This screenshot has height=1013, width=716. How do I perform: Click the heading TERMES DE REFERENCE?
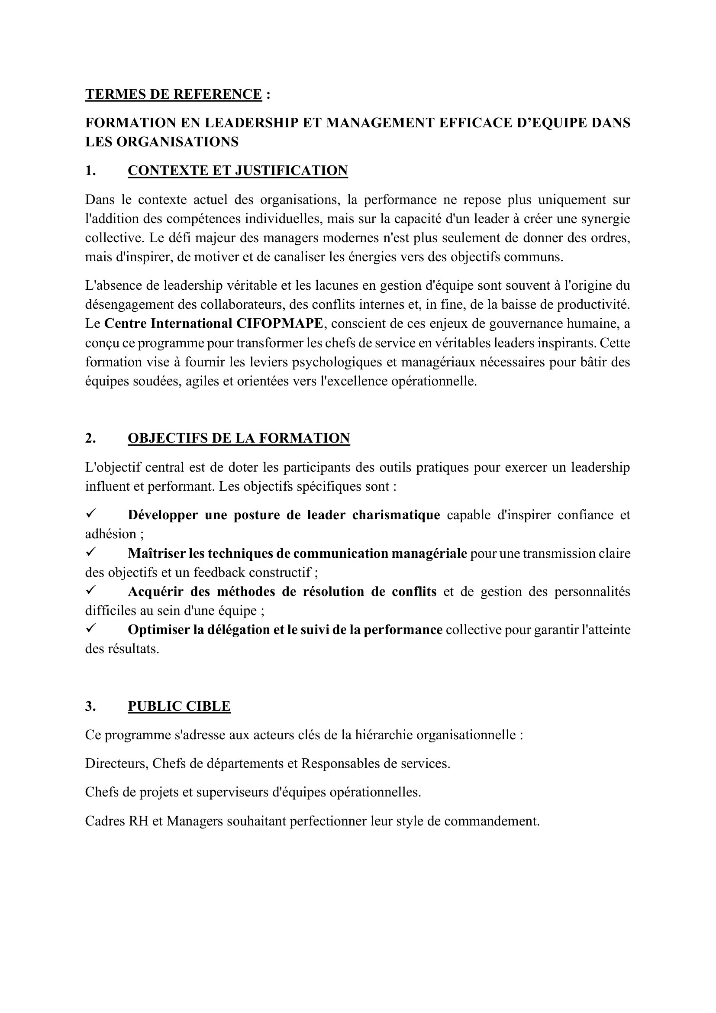[174, 94]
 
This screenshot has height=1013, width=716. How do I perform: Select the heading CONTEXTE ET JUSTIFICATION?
[238, 171]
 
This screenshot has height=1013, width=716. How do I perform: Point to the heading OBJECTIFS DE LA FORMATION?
[239, 438]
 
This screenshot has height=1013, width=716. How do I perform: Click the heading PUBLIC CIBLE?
[179, 706]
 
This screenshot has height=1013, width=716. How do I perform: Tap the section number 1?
[90, 171]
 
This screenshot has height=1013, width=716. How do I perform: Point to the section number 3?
[90, 706]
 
